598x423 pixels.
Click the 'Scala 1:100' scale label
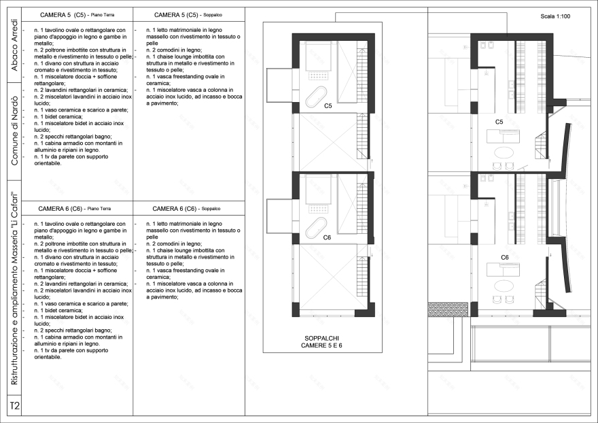click(555, 16)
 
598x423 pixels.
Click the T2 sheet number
click(14, 406)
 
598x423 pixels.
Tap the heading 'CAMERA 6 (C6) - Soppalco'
click(188, 208)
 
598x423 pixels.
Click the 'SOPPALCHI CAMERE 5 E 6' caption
click(321, 341)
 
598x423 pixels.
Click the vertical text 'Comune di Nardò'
click(14, 131)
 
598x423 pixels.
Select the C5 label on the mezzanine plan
click(328, 106)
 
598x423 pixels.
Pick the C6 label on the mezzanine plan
click(327, 238)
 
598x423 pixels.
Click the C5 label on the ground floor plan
click(499, 122)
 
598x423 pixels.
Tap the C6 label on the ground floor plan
click(505, 258)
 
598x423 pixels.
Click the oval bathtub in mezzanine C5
click(317, 99)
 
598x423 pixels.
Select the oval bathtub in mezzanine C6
click(317, 229)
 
